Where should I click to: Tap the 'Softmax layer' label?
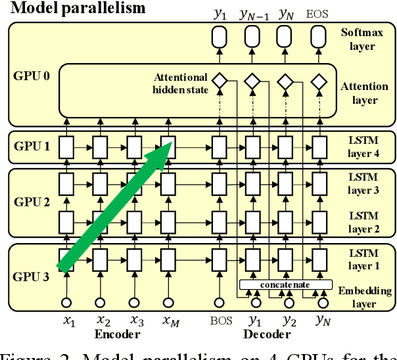pos(359,39)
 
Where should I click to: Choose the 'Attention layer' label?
pos(359,93)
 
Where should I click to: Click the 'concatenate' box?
pos(284,284)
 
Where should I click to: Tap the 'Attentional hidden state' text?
pos(181,83)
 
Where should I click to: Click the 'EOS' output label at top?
pos(319,12)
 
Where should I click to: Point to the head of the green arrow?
pos(167,146)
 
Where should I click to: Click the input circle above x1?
pos(66,303)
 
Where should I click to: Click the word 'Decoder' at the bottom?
pos(269,335)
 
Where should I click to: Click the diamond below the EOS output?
pos(319,82)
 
